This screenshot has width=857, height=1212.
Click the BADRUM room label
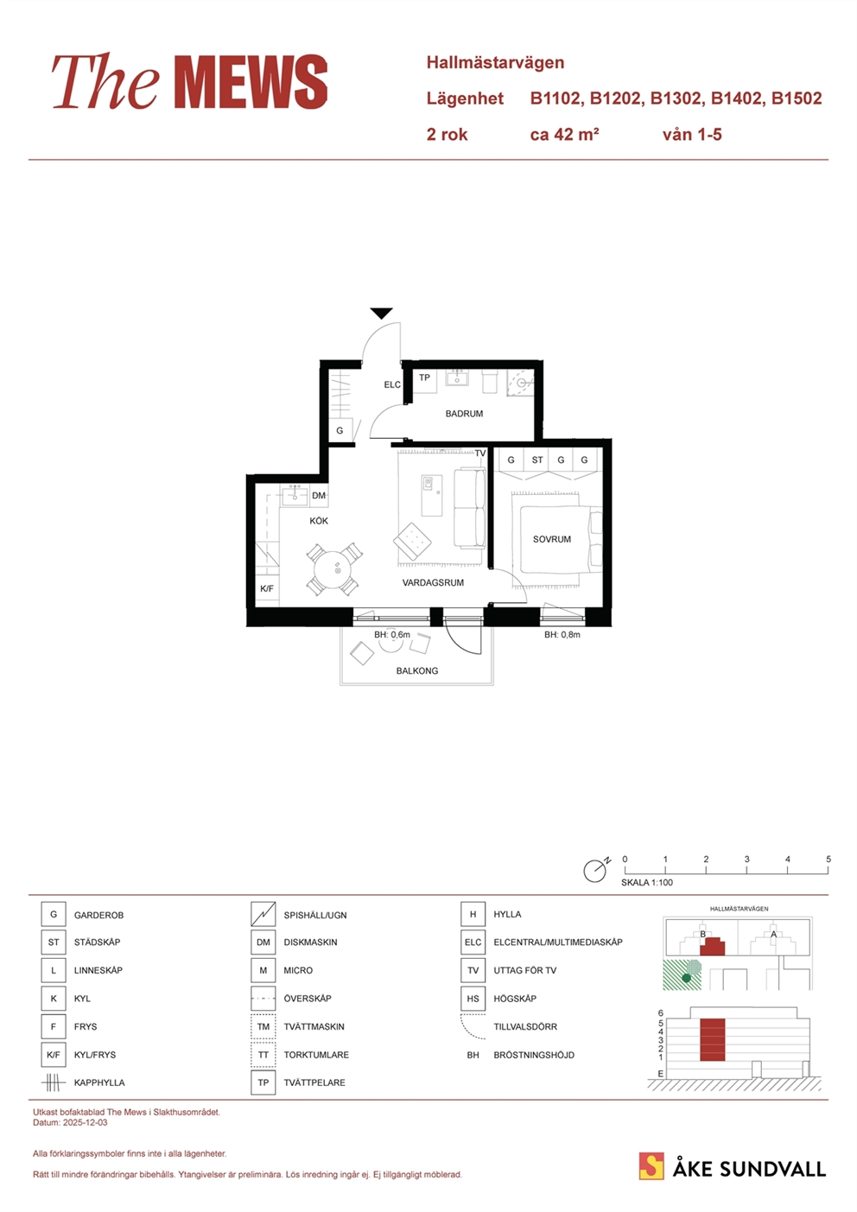pos(464,414)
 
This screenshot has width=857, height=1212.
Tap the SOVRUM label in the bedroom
pos(551,539)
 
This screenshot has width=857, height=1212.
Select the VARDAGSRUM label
pos(433,583)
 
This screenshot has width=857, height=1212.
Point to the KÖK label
pos(319,521)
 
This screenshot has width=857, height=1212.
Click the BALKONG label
pos(416,670)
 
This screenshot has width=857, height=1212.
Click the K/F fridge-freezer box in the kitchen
pos(267,588)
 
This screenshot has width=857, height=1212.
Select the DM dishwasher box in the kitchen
pos(319,495)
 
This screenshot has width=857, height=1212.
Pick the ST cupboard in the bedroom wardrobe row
pos(536,460)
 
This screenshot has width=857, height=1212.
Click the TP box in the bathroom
pos(424,378)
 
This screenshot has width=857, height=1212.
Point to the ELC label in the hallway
pos(392,384)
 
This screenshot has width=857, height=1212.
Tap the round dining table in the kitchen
pos(335,570)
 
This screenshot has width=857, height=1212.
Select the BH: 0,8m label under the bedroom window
pos(562,635)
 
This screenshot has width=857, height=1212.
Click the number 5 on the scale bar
pos(828,859)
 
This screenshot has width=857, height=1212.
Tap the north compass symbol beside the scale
pos(595,870)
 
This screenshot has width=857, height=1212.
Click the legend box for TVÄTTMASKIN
pos(263,1026)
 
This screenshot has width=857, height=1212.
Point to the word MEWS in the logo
pos(252,82)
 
